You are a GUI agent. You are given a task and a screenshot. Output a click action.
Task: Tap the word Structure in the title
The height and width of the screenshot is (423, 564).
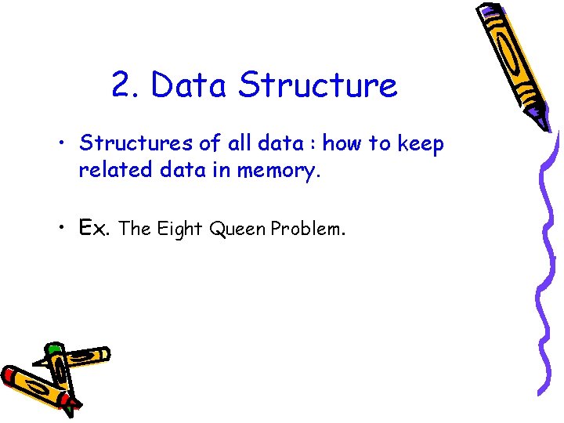(x=317, y=85)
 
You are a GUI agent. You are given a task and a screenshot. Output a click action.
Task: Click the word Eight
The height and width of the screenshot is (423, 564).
(x=179, y=229)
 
